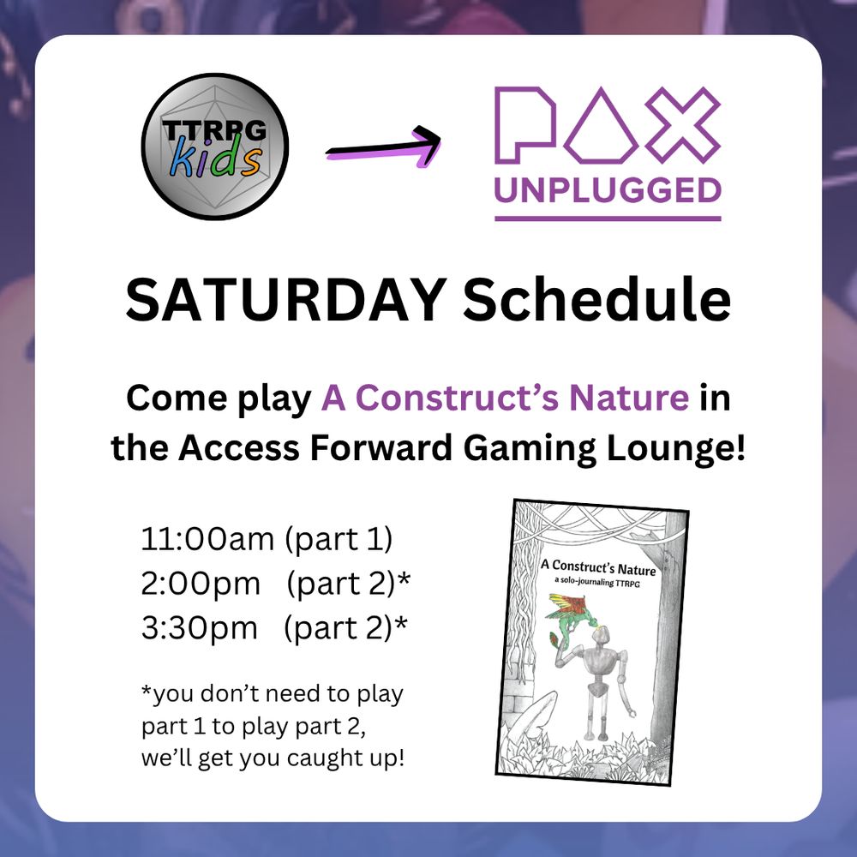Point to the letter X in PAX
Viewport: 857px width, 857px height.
[x=681, y=124]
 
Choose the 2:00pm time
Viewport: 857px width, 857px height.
[x=201, y=584]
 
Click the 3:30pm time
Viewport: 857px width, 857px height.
[x=199, y=627]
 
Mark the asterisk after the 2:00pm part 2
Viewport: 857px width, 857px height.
[x=404, y=579]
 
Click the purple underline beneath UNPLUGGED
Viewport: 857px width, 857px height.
[x=608, y=218]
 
